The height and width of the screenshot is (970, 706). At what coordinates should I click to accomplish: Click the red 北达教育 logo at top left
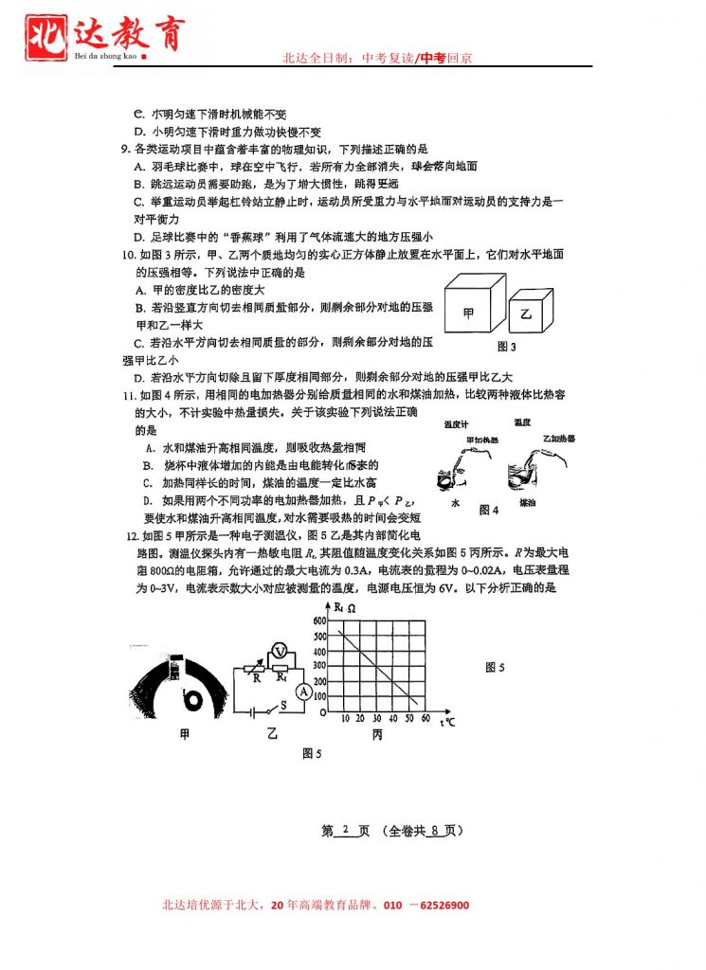(104, 36)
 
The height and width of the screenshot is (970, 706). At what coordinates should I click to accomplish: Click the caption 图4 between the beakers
(488, 510)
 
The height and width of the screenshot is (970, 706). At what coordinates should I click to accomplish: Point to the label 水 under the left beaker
(456, 504)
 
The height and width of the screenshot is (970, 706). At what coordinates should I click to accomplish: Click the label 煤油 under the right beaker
(527, 506)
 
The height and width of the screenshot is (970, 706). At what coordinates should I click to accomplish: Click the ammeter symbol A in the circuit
(303, 692)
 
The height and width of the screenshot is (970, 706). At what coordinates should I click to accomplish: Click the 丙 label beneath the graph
(377, 736)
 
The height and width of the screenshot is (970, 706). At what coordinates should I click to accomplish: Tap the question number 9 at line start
(125, 150)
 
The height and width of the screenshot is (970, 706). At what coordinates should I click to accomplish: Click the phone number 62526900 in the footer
(437, 906)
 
